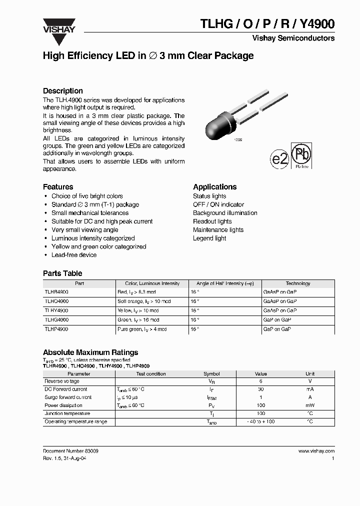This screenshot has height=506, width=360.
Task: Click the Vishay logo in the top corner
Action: (58, 25)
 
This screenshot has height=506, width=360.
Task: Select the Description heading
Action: (63, 91)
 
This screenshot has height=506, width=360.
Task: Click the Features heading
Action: (58, 187)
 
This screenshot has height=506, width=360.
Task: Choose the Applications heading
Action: (215, 187)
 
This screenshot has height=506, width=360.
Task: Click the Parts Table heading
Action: (62, 273)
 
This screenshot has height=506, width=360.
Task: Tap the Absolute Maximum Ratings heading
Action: (90, 352)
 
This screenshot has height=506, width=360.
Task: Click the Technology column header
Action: (298, 283)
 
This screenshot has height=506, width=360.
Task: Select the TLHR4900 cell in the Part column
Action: (56, 291)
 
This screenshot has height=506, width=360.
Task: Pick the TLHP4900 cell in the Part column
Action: (56, 329)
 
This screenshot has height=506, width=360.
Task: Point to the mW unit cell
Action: (310, 405)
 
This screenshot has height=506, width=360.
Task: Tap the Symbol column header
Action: (211, 373)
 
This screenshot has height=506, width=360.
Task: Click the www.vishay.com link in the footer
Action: (316, 451)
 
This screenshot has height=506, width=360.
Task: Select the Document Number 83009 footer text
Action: (70, 451)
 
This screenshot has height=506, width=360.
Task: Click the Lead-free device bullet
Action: (74, 255)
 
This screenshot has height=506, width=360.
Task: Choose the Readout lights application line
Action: (212, 221)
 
